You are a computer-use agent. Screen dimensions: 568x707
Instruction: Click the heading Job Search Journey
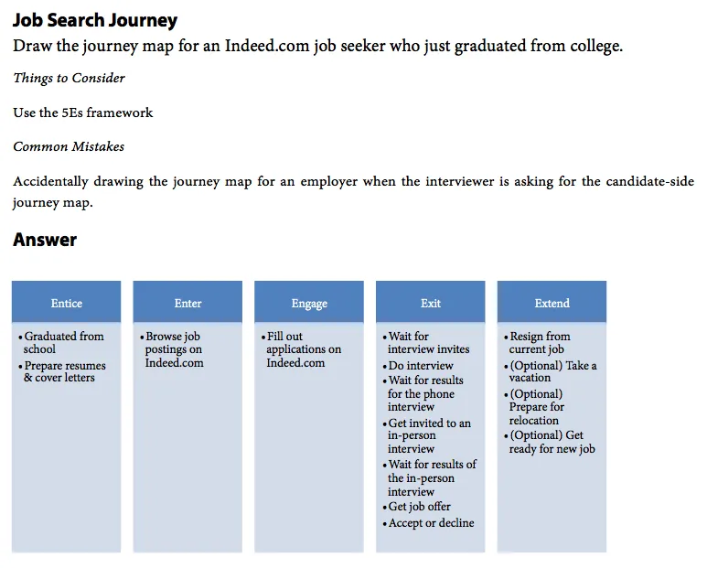coord(95,20)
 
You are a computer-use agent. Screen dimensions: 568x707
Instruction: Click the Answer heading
coord(45,240)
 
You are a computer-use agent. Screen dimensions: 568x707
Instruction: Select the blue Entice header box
coord(66,303)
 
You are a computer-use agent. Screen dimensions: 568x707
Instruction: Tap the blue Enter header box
coord(187,303)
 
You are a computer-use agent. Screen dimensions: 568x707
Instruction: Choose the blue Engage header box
coord(309,303)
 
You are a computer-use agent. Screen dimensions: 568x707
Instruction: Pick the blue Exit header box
coord(430,303)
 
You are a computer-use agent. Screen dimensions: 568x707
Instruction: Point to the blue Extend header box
coord(552,303)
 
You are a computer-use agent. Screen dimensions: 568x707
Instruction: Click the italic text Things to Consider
coord(69,79)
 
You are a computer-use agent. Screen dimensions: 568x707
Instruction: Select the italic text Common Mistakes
coord(69,146)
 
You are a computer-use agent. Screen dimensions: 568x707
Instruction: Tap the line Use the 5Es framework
coord(83,113)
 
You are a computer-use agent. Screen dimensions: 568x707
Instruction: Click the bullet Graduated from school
coord(63,342)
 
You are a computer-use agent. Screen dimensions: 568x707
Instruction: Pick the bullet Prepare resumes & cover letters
coord(64,371)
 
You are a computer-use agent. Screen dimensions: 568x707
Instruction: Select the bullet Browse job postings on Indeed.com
coord(174,349)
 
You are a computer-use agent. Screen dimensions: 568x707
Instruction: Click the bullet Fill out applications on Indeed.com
coord(303,349)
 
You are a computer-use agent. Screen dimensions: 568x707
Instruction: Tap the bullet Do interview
coord(422,366)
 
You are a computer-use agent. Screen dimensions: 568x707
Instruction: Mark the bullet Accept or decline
coord(431,523)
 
